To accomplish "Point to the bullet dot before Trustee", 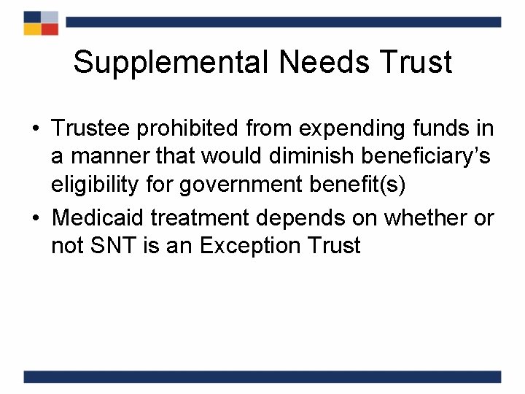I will pyautogui.click(x=35, y=130).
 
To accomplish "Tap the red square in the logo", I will pyautogui.click(x=50, y=28).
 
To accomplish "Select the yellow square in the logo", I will pyautogui.click(x=32, y=28).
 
